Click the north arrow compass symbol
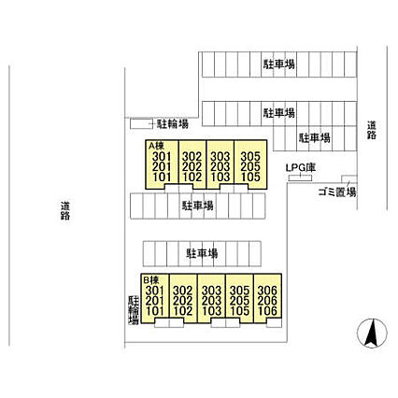pyautogui.click(x=372, y=334)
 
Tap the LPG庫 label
pyautogui.click(x=301, y=168)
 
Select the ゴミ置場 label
pyautogui.click(x=337, y=192)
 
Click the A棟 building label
pyautogui.click(x=155, y=145)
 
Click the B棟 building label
pyautogui.click(x=150, y=279)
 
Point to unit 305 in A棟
pyautogui.click(x=250, y=156)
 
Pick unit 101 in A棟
pyautogui.click(x=162, y=177)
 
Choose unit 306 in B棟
pyautogui.click(x=267, y=291)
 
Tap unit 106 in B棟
pyautogui.click(x=267, y=310)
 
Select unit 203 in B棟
pyautogui.click(x=211, y=301)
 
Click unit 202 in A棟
pyautogui.click(x=192, y=166)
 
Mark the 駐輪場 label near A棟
pyautogui.click(x=173, y=124)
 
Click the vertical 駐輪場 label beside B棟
pyautogui.click(x=134, y=310)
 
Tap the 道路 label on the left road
pyautogui.click(x=65, y=210)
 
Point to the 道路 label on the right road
pyautogui.click(x=372, y=130)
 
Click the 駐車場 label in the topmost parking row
pyautogui.click(x=279, y=64)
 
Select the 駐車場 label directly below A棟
pyautogui.click(x=197, y=206)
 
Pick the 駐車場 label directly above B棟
pyautogui.click(x=202, y=253)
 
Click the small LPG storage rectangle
pyautogui.click(x=300, y=178)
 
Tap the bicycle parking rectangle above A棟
pyautogui.click(x=141, y=123)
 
